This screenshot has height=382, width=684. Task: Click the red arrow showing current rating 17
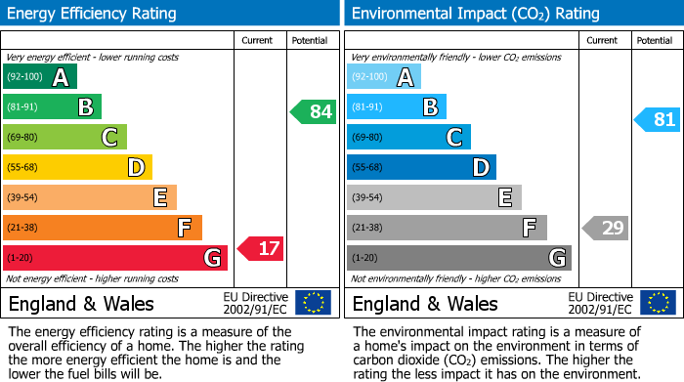261,249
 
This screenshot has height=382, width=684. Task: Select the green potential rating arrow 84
314,111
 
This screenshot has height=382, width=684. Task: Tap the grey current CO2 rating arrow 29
606,229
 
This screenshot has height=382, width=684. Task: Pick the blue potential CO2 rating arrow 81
658,120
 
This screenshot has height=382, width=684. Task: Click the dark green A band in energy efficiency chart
40,77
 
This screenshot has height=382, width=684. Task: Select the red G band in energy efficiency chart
115,258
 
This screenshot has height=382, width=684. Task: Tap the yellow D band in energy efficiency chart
77,167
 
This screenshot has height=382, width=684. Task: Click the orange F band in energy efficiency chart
103,228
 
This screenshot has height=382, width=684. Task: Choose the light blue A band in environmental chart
384,77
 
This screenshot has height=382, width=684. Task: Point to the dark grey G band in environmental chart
459,258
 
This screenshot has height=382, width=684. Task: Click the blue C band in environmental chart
408,137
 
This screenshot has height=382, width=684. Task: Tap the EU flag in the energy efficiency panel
313,303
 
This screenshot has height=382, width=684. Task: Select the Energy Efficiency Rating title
93,14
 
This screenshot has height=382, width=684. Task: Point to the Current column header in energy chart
259,40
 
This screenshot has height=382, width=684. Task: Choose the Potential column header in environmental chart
655,40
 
